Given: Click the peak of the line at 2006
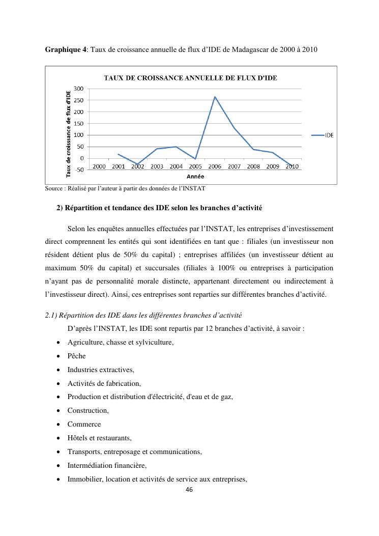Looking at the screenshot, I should (x=215, y=97).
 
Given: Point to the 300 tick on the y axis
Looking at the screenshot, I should (x=78, y=89).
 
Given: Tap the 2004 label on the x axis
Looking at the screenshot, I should (x=176, y=166).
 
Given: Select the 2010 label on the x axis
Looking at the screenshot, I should (x=292, y=166).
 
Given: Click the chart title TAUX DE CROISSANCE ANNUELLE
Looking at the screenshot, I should (x=194, y=78).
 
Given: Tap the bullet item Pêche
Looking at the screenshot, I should (x=76, y=356).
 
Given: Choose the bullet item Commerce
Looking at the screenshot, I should (x=84, y=424).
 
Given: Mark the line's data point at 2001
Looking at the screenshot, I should (x=118, y=154).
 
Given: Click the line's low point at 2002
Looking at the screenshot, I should (x=137, y=164).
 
